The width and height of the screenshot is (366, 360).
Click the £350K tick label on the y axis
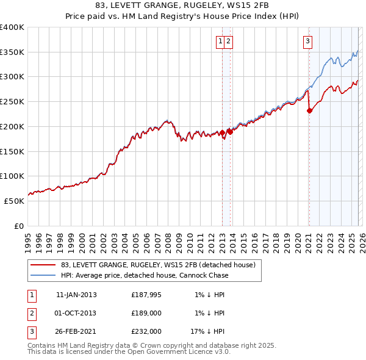click(x=12, y=52)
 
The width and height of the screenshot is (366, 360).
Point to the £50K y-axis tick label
click(x=15, y=201)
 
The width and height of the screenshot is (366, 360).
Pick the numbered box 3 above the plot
click(x=308, y=41)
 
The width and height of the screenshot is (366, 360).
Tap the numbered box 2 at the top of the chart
click(x=228, y=41)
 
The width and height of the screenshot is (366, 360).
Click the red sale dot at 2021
click(x=309, y=110)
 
